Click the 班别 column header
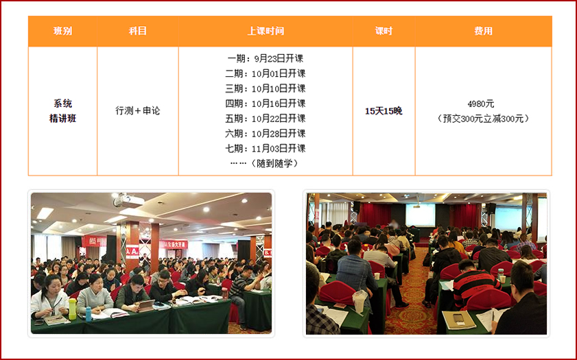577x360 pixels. pyautogui.click(x=62, y=31)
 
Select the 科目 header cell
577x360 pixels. pyautogui.click(x=138, y=31)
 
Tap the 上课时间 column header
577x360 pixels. pyautogui.click(x=266, y=31)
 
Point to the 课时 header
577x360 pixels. pyautogui.click(x=384, y=31)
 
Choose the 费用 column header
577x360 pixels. pyautogui.click(x=483, y=31)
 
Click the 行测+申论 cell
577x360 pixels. pyautogui.click(x=138, y=110)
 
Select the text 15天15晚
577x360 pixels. pyautogui.click(x=384, y=111)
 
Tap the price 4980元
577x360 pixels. pyautogui.click(x=481, y=104)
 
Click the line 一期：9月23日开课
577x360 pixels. pyautogui.click(x=266, y=58)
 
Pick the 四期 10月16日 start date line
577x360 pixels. pyautogui.click(x=266, y=104)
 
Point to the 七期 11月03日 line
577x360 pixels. pyautogui.click(x=266, y=149)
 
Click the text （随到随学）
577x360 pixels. pyautogui.click(x=274, y=164)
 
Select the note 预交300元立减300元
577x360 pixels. pyautogui.click(x=483, y=119)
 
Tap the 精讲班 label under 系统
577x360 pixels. pyautogui.click(x=62, y=119)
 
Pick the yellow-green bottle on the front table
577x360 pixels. pyautogui.click(x=73, y=309)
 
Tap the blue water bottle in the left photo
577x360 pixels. pyautogui.click(x=89, y=314)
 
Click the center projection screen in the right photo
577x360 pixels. pyautogui.click(x=421, y=215)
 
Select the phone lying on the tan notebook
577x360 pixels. pyautogui.click(x=458, y=318)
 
